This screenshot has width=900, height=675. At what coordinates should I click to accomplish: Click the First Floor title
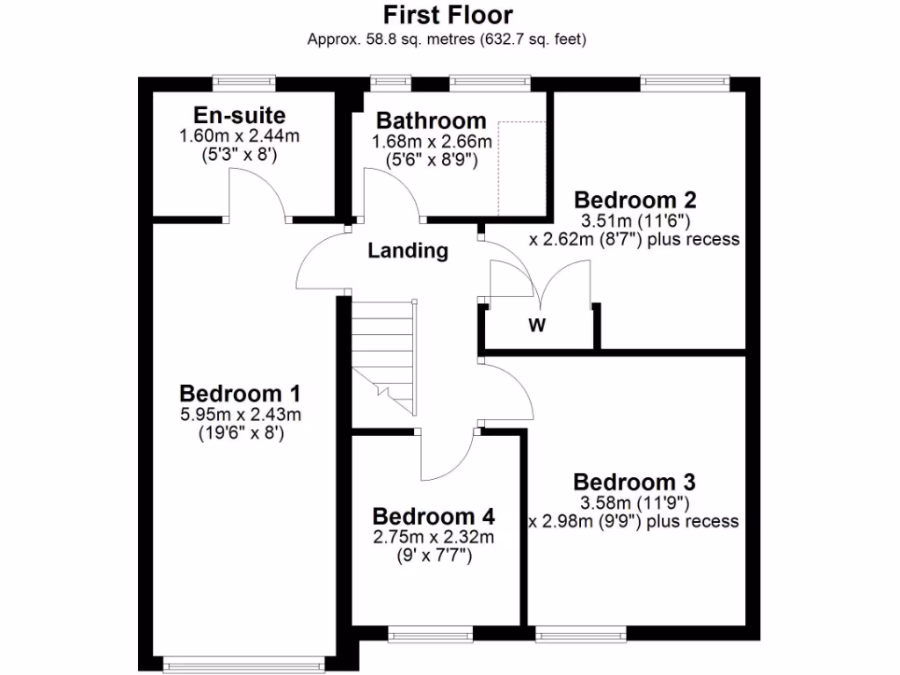[448, 15]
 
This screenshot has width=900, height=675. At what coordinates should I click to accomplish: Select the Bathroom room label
[431, 120]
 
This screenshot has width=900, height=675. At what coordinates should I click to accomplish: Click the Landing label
[408, 250]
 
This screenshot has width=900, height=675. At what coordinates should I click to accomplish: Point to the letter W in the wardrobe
[537, 326]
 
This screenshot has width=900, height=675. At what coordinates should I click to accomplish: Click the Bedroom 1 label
[240, 392]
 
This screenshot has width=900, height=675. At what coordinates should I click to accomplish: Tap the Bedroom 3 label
[635, 482]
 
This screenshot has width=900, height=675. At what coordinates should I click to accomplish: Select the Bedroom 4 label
[433, 516]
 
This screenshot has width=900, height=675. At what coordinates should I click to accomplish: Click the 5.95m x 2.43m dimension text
[240, 414]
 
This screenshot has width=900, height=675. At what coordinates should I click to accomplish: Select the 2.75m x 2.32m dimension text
[433, 537]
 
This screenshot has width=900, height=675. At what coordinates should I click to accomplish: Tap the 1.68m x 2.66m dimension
[431, 142]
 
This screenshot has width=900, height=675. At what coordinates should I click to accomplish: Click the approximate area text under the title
[447, 39]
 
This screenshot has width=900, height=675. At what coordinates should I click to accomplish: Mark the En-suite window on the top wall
[243, 83]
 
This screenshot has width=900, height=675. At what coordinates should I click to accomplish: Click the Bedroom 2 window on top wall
[685, 83]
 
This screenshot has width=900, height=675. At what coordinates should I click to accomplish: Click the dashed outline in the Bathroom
[522, 167]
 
